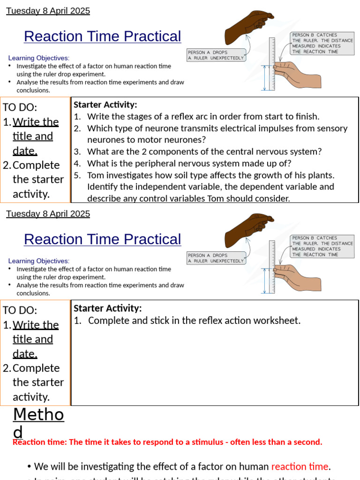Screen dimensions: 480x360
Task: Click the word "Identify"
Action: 103,187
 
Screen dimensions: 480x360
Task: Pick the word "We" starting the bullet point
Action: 41,466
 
